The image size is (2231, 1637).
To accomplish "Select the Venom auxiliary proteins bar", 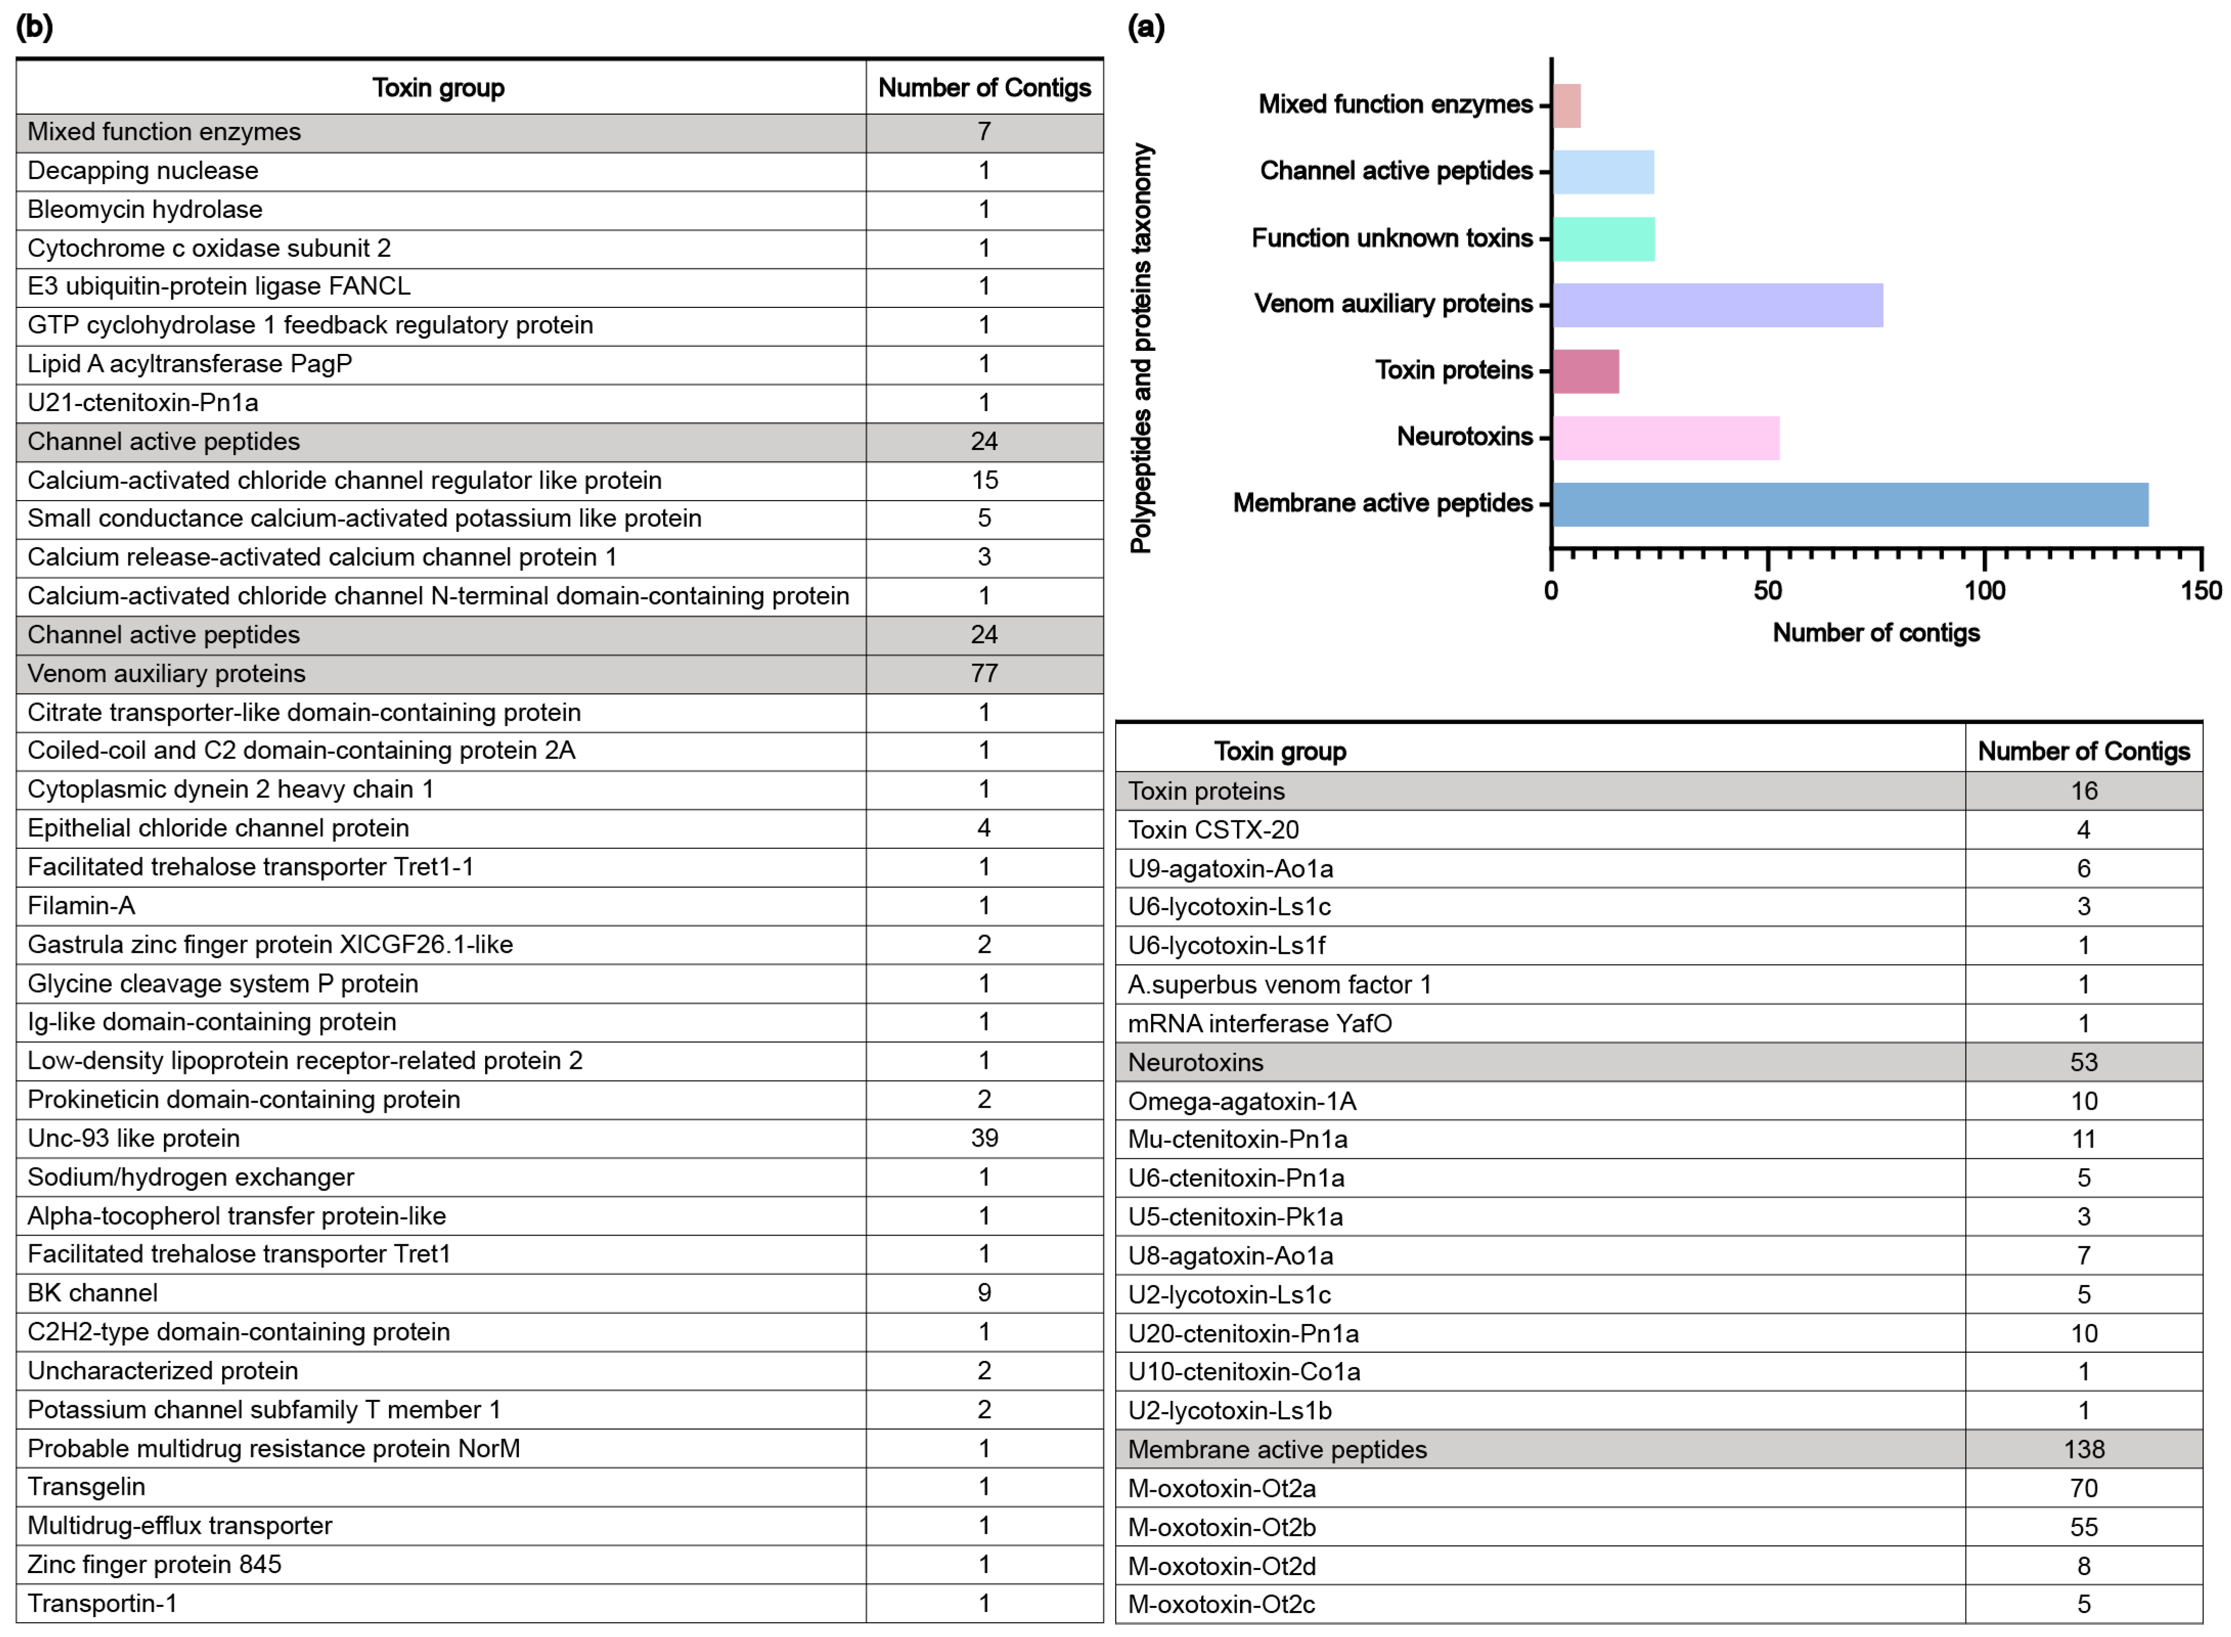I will point(1717,305).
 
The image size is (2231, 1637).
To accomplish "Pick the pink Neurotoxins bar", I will point(1665,438).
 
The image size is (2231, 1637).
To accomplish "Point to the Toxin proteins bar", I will point(1585,372).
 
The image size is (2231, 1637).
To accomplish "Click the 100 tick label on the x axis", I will point(1985,592).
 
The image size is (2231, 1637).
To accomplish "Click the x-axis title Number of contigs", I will point(1875,633).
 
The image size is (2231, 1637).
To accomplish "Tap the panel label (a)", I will point(1146,27).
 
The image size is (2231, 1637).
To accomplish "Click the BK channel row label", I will point(92,1293).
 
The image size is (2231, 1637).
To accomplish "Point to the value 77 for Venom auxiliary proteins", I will point(984,674).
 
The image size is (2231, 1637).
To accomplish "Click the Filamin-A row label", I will point(81,906).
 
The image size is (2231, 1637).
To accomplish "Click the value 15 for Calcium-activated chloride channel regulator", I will point(984,481).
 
